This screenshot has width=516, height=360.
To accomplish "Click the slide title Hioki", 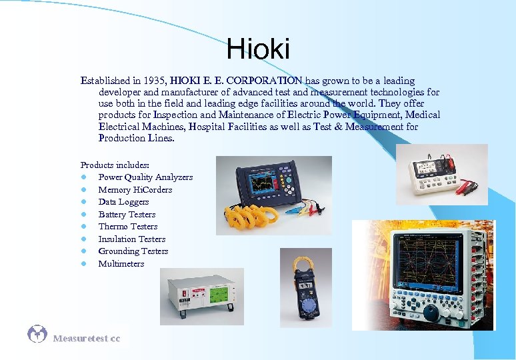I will click(x=258, y=49).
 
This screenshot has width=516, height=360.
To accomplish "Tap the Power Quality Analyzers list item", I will click(x=145, y=177).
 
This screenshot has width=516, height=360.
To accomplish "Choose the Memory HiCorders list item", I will click(x=135, y=190).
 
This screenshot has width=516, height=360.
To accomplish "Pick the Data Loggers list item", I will click(x=123, y=202).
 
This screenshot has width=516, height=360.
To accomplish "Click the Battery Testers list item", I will click(x=127, y=215).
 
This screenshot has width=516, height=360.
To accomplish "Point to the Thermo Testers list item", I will click(x=127, y=227).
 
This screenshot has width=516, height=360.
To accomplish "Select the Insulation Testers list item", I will click(x=131, y=239).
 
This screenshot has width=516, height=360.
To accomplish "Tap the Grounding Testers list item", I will click(x=133, y=251).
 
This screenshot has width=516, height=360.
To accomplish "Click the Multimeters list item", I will click(x=121, y=264).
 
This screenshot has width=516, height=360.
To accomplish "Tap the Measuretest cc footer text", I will click(x=87, y=339).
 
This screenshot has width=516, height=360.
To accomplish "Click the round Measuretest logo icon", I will click(x=37, y=334).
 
